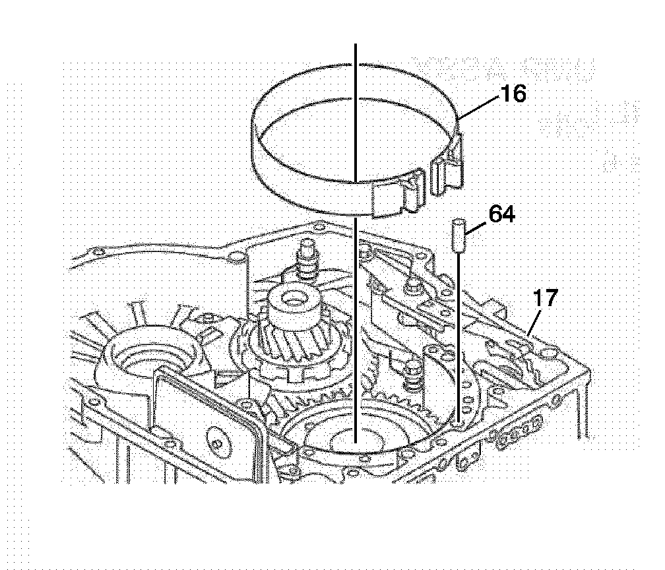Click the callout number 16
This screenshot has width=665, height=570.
coord(513,94)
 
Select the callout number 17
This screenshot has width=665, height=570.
coord(546,298)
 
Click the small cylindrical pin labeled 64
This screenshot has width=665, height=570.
coord(457,234)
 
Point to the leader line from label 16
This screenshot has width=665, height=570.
coord(478,106)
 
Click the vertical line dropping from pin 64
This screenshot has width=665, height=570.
coord(459,330)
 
